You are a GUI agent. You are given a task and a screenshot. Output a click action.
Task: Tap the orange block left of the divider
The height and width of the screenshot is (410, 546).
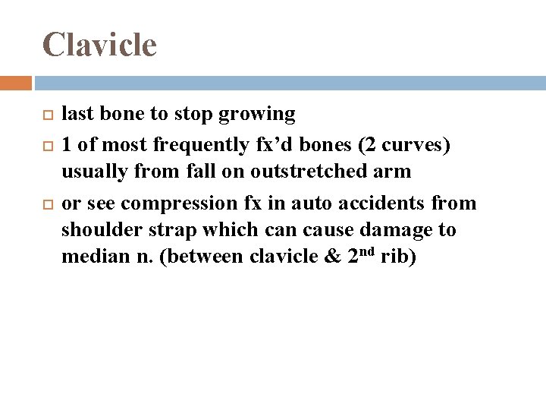click(x=15, y=83)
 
